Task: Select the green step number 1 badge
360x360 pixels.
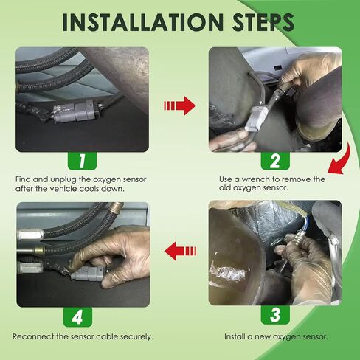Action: (x=82, y=161)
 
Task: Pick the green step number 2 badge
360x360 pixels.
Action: (x=275, y=161)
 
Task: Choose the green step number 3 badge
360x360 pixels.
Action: (x=275, y=315)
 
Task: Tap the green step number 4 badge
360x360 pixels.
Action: (x=77, y=317)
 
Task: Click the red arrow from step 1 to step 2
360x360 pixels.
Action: (x=180, y=105)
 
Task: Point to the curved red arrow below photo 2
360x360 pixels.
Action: (x=342, y=161)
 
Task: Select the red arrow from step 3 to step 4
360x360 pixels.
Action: (x=180, y=251)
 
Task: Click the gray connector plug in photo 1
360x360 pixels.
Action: (x=75, y=112)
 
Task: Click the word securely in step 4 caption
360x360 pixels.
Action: (x=136, y=337)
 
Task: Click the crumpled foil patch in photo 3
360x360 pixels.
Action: (x=227, y=273)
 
